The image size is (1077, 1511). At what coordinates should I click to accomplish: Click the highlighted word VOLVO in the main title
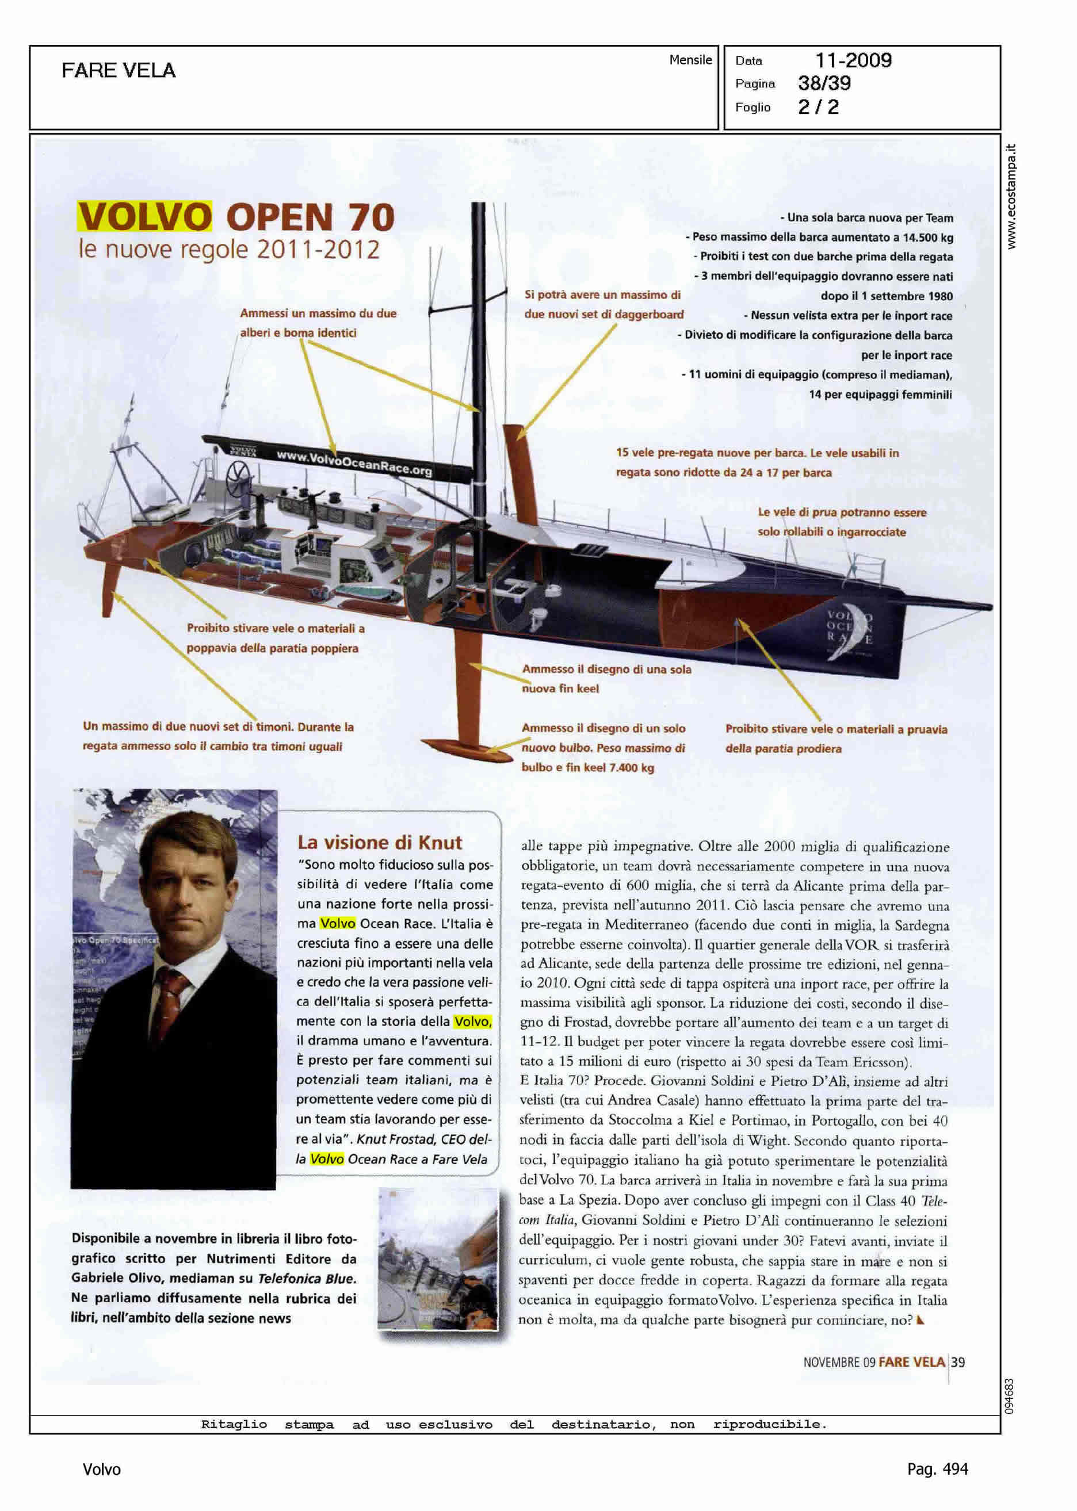point(144,216)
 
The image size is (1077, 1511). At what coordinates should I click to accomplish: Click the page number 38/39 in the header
point(824,83)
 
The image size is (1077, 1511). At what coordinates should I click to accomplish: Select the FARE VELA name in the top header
point(119,70)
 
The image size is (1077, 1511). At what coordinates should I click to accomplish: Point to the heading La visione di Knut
point(379,842)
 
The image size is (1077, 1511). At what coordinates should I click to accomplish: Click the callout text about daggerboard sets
point(604,304)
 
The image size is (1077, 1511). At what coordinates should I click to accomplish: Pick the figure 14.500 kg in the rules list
point(928,238)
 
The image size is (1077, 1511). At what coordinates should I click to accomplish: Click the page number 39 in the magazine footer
point(958,1362)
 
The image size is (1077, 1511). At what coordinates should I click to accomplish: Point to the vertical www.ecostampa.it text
point(1011,196)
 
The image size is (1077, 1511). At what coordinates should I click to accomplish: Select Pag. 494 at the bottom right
point(937,1469)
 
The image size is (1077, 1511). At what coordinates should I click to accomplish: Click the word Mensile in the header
point(690,60)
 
